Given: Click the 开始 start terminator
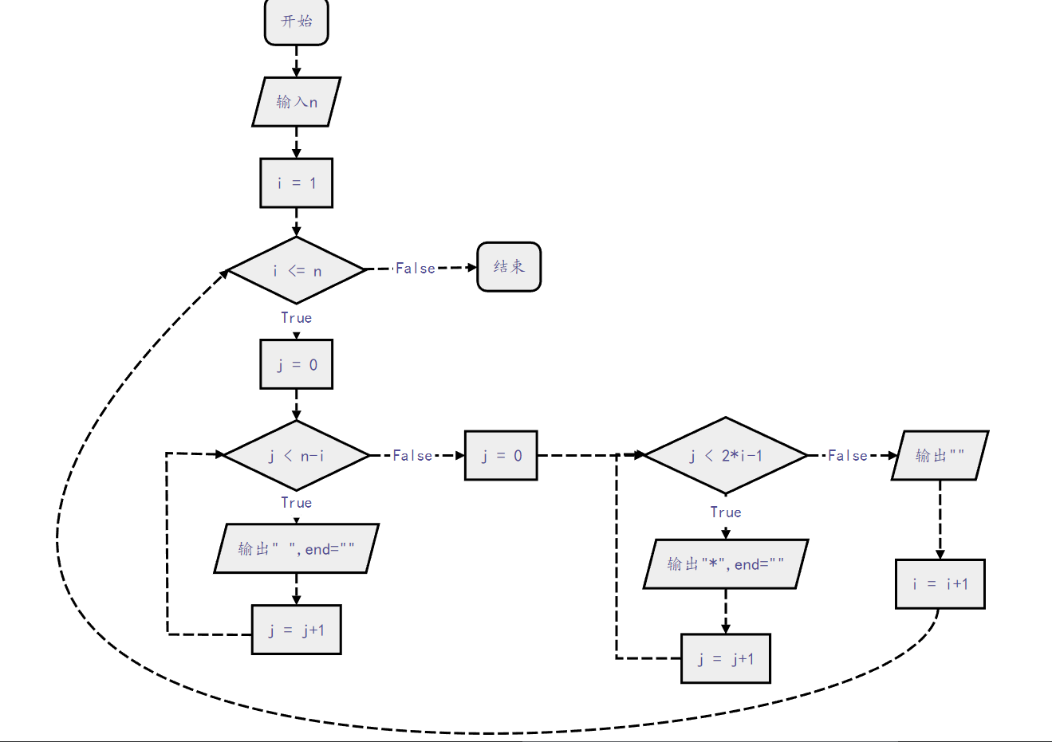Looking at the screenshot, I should [x=296, y=22].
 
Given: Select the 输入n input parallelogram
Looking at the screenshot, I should [x=296, y=102].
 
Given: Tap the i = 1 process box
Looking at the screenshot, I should [x=296, y=183].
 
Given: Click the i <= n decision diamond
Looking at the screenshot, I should [x=296, y=270].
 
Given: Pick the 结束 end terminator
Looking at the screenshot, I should [x=509, y=267].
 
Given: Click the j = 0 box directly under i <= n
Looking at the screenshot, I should [x=296, y=364].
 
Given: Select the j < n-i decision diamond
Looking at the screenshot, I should [x=296, y=455].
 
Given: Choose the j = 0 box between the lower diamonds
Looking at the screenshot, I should [x=501, y=455].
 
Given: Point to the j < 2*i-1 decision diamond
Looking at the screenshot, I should [x=725, y=455].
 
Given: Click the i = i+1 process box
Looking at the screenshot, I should [x=940, y=584].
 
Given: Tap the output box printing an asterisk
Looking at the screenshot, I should [x=725, y=564].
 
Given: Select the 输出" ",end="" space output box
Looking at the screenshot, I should [x=296, y=548].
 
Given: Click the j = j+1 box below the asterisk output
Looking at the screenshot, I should [x=725, y=658].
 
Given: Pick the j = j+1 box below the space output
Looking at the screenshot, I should [x=296, y=630].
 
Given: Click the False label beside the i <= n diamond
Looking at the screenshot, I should [x=416, y=269].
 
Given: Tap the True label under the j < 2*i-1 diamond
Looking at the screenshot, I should [x=725, y=512].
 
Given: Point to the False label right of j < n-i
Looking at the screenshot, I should [x=412, y=455].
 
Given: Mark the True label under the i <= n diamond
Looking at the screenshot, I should [x=296, y=318].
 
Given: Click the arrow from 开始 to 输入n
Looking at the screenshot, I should [x=296, y=61].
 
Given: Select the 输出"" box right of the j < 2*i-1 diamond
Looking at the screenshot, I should [x=940, y=455].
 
